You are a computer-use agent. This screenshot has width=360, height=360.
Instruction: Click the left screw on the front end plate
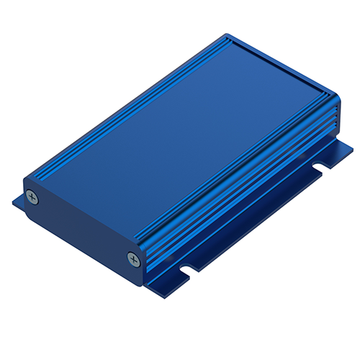coord(32,195)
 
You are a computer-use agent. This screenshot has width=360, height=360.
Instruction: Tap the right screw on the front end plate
coord(132,258)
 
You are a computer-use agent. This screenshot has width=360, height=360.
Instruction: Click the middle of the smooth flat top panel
coord(180,130)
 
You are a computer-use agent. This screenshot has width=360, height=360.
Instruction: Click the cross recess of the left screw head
coord(32,195)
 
